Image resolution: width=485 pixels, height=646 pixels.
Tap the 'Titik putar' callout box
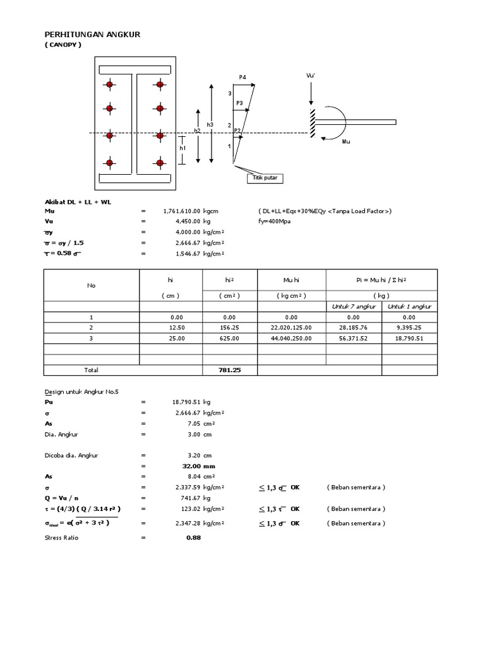265,179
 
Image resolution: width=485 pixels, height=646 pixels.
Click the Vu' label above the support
310,76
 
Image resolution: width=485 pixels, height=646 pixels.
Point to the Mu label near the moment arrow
345,142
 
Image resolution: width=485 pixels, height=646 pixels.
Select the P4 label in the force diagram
242,77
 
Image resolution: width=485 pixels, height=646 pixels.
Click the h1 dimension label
183,148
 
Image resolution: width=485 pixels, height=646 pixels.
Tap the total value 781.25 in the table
229,370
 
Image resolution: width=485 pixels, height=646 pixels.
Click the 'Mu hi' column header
291,280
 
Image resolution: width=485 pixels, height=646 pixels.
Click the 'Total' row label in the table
91,370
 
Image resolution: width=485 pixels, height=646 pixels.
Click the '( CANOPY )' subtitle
63,46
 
